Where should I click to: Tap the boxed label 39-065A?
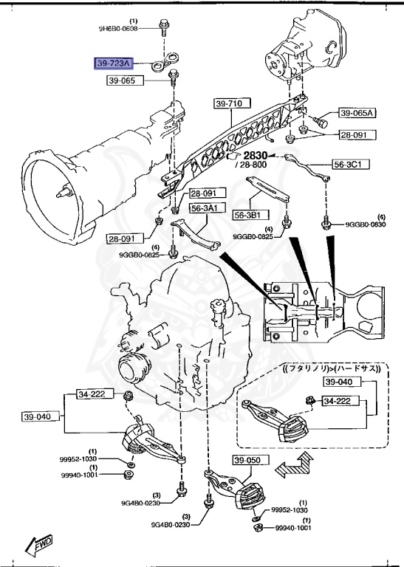(x=357, y=113)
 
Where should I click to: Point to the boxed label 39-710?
(x=229, y=104)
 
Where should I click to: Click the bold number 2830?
(x=253, y=156)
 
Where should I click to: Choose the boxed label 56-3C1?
(x=352, y=164)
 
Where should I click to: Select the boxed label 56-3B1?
(x=250, y=214)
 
